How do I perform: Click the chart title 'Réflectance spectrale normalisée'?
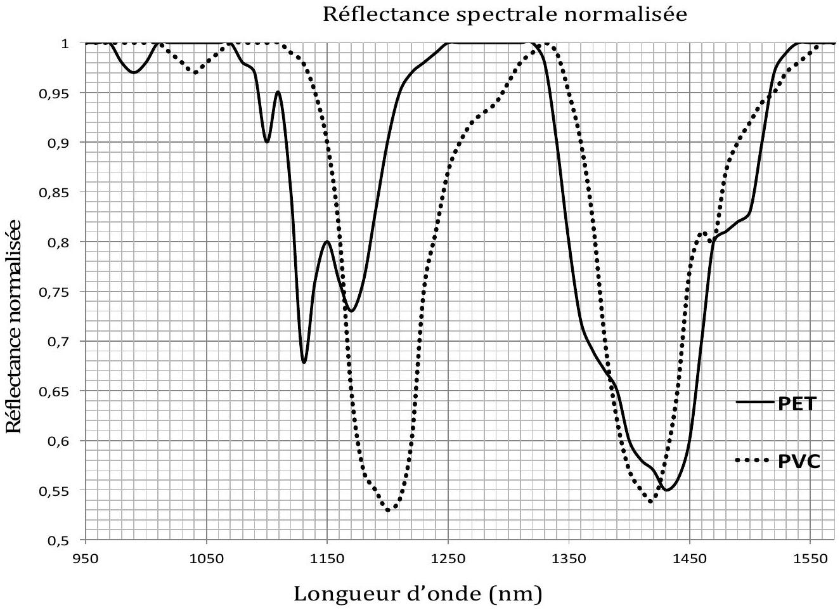505,15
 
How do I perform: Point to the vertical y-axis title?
14,327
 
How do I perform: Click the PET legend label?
797,404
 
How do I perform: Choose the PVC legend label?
799,462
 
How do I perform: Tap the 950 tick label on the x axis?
86,559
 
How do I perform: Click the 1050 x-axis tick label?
207,559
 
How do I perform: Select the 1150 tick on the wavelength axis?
327,559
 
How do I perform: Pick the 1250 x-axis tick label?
448,559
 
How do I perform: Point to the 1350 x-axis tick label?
569,559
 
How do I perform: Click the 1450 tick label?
690,559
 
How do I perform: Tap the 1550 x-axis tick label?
811,559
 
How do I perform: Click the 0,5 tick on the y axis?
58,541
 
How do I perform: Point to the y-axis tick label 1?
66,44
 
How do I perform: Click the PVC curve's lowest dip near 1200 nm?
388,509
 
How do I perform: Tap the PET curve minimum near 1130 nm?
304,362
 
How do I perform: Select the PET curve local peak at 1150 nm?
327,242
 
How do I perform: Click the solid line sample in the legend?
754,402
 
